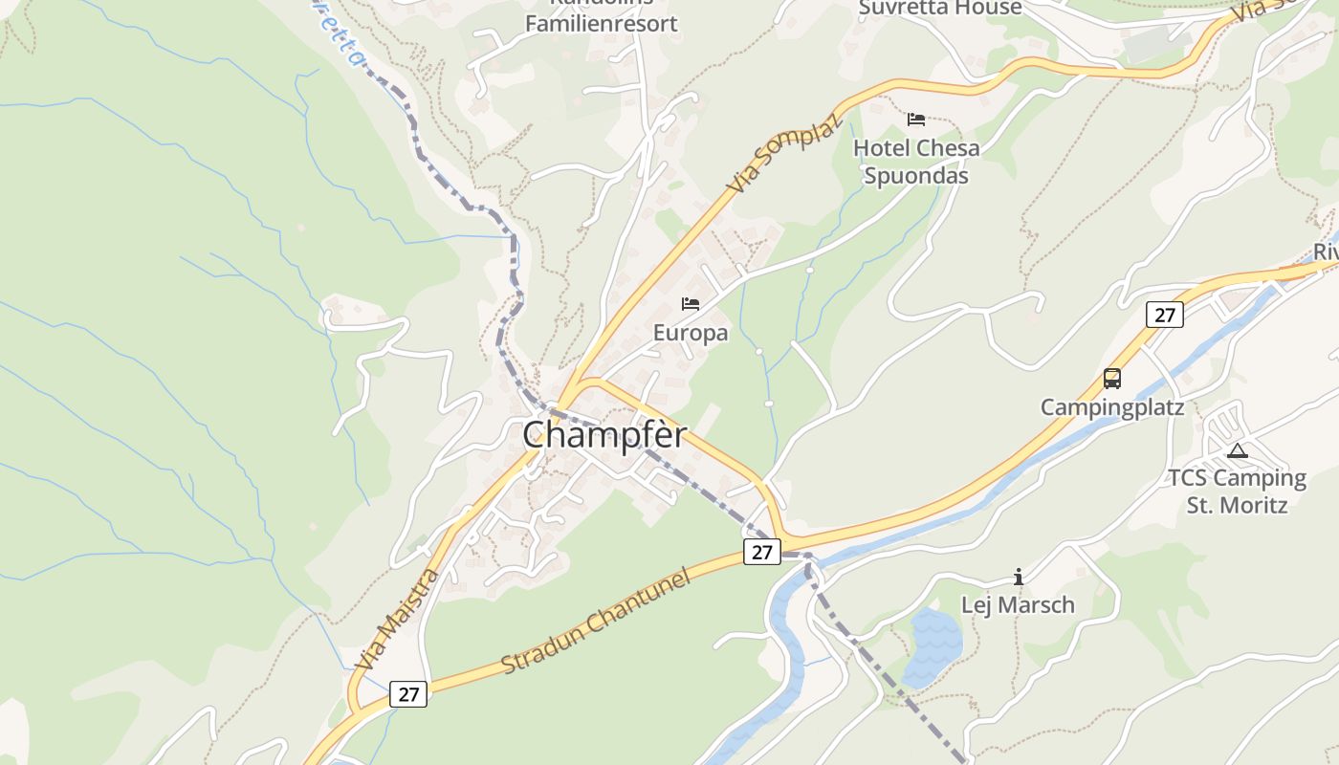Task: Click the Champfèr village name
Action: [x=604, y=435]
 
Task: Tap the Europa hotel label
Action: [x=691, y=333]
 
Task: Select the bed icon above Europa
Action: [x=691, y=304]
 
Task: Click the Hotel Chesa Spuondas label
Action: [x=916, y=162]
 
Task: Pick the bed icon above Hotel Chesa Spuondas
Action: [x=916, y=120]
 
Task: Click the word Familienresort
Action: [x=602, y=24]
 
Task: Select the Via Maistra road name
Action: [x=397, y=619]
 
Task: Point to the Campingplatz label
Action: [x=1112, y=407]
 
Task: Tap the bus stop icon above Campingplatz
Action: [x=1112, y=379]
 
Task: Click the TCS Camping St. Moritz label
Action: [x=1237, y=491]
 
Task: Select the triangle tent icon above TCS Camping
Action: [x=1238, y=450]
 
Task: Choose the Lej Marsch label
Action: [x=1018, y=605]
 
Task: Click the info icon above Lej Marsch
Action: [x=1019, y=577]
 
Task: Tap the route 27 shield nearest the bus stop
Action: [x=1164, y=315]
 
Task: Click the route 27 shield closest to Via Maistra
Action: [x=408, y=694]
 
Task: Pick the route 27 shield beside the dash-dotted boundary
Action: [x=761, y=552]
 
